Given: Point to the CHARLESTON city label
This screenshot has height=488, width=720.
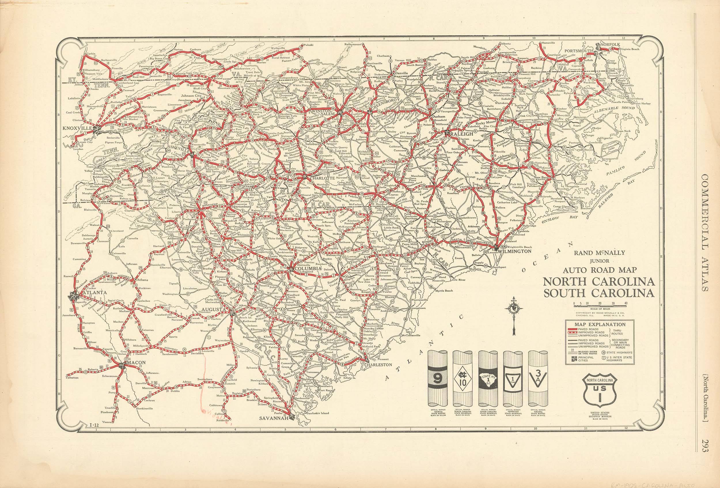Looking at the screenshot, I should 376,365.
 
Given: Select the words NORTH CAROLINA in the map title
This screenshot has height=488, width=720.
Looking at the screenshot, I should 598,282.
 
